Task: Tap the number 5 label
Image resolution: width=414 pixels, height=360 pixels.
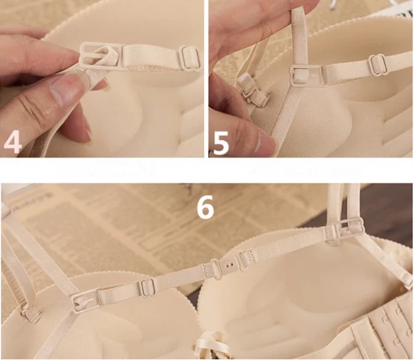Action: (x=220, y=140)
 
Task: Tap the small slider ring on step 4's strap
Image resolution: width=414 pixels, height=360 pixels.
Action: (x=189, y=58)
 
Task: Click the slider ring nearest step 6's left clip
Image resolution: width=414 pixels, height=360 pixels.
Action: (x=148, y=286)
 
